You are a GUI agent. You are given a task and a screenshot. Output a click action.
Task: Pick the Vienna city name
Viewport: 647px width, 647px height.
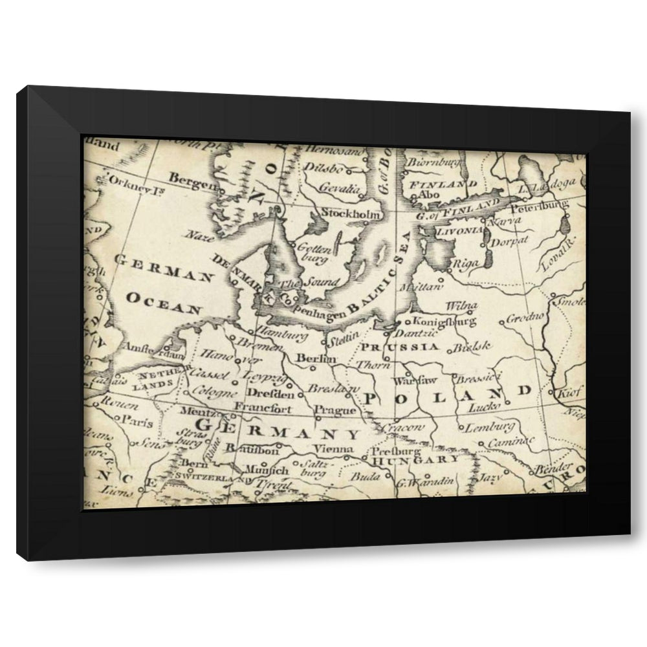(x=333, y=449)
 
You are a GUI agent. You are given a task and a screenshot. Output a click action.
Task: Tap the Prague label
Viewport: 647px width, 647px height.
(x=334, y=410)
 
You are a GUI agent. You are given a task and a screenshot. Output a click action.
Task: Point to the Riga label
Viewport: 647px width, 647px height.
(x=466, y=263)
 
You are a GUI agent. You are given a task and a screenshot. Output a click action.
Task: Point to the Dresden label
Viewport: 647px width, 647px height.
(x=270, y=393)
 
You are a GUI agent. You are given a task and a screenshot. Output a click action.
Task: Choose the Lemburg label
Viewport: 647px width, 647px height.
(x=490, y=426)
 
